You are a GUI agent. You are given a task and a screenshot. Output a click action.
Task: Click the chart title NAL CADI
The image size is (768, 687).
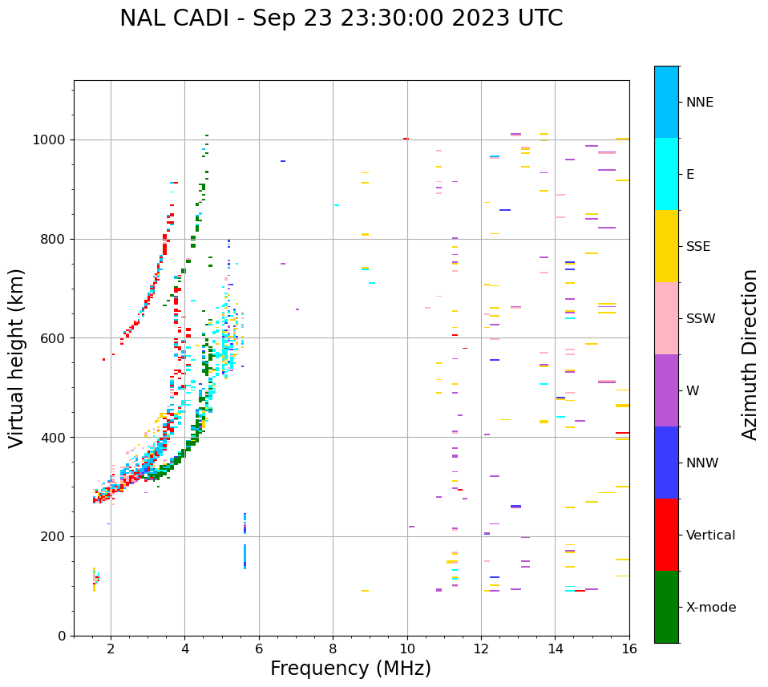pos(341,18)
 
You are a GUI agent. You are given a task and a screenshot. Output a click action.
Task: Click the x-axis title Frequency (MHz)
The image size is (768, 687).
pos(350,669)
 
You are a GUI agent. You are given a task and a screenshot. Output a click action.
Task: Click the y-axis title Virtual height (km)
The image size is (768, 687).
pos(17,358)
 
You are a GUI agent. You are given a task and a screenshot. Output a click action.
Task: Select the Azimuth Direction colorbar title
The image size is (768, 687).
pos(750,354)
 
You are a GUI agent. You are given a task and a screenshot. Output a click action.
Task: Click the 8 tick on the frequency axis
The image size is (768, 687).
pos(333,648)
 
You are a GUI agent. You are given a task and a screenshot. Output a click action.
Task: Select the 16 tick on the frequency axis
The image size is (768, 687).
pos(629,648)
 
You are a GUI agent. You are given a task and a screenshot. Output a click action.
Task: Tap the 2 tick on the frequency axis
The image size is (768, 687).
pos(111,648)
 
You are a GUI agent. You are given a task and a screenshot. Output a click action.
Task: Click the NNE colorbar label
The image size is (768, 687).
pos(699,103)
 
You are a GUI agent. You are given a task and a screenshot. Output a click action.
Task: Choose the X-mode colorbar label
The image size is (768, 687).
pos(710,608)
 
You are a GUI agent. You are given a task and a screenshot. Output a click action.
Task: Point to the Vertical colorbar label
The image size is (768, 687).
pos(710,535)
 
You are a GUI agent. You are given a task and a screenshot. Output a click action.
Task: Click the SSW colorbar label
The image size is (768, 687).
pos(700,319)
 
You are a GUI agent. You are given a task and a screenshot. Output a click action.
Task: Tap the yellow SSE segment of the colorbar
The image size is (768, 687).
pos(666,246)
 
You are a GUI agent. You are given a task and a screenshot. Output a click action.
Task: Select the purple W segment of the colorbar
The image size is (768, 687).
pos(666,390)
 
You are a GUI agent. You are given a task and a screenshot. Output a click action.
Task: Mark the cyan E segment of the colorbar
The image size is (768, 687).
pos(666,174)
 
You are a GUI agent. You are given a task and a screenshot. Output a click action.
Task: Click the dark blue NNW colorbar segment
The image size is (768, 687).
pos(666,463)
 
